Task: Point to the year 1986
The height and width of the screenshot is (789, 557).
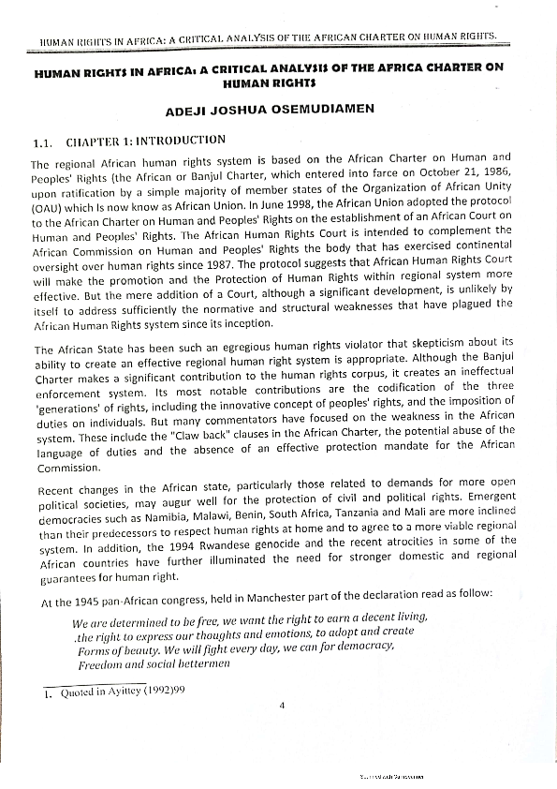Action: point(495,175)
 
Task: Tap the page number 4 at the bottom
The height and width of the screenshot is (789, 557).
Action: point(280,705)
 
